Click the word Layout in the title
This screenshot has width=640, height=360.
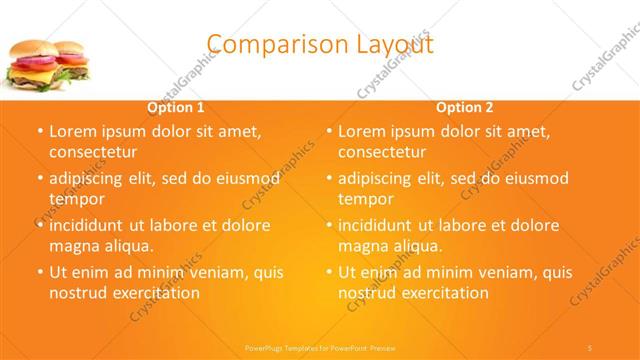point(398,45)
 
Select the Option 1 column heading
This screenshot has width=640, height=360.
point(176,107)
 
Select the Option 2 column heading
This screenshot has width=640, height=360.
point(465,107)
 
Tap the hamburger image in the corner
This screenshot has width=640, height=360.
point(49,66)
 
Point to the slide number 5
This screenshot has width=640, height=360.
point(590,346)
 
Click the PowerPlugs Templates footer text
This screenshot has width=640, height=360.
point(321,346)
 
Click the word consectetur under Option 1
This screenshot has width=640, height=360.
point(92,152)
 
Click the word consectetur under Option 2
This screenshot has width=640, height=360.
point(382,152)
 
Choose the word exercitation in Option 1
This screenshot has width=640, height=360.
point(154,293)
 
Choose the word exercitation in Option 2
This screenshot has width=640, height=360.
point(444,293)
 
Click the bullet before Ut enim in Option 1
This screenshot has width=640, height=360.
point(39,272)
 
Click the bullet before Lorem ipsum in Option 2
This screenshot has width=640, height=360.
point(329,131)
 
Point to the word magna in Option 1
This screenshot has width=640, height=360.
point(73,246)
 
